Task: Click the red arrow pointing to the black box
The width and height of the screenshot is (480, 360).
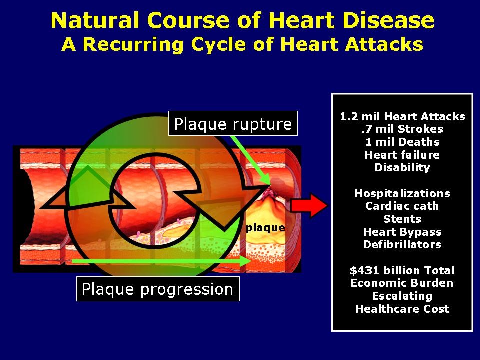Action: point(308,205)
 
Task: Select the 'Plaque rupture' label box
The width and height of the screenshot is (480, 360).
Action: point(233,123)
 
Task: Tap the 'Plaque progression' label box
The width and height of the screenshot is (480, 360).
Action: point(158,289)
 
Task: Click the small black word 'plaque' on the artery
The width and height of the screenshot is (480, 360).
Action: point(265,228)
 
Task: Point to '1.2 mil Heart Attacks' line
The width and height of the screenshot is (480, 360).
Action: point(402,116)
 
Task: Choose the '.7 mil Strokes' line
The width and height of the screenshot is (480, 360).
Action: point(402,129)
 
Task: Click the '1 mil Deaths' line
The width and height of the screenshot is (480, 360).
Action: point(402,142)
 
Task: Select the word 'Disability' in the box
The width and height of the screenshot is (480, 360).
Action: point(402,168)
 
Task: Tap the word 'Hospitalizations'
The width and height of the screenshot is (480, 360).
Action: point(402,193)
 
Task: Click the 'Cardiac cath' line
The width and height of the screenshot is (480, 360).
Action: point(402,206)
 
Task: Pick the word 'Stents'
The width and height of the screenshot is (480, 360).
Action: point(402,219)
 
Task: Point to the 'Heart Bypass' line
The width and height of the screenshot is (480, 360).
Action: point(402,232)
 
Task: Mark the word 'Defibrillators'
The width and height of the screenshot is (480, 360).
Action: point(402,244)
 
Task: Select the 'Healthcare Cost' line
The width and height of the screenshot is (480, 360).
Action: point(402,309)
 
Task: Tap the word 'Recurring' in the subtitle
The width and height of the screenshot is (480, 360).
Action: point(134,44)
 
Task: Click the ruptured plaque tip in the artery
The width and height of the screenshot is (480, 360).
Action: point(270,191)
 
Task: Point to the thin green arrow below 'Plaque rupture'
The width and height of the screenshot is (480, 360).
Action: point(250,160)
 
